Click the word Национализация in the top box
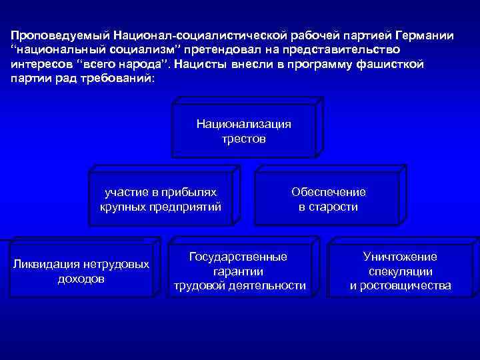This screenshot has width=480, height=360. tap(243, 124)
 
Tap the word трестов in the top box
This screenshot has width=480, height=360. tap(243, 139)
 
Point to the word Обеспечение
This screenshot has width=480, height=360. tap(328, 192)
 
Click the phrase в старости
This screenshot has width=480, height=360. tap(328, 207)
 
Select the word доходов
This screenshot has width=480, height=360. tap(81, 279)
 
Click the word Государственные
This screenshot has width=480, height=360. tap(239, 257)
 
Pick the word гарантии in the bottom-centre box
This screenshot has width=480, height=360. tap(239, 271)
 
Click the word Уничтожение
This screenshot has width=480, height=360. tap(400, 257)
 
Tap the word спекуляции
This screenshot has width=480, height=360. tap(400, 271)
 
